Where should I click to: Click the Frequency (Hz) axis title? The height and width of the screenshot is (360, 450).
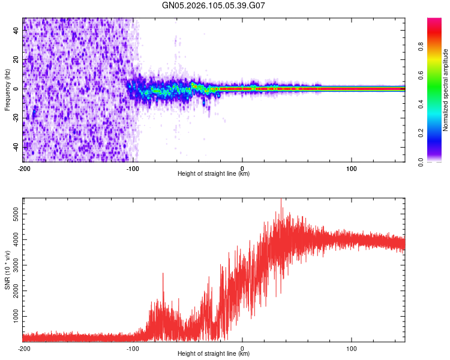point(7,90)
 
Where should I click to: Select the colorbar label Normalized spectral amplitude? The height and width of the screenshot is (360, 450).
point(446,90)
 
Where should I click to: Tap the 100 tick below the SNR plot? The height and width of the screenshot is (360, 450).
point(352,347)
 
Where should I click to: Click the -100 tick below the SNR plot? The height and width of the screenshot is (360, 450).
point(133,347)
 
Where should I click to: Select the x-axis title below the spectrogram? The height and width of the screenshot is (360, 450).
point(214,173)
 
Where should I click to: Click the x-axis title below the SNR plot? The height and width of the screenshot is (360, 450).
point(214,353)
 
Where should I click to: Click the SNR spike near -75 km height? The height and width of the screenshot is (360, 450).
point(163,274)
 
